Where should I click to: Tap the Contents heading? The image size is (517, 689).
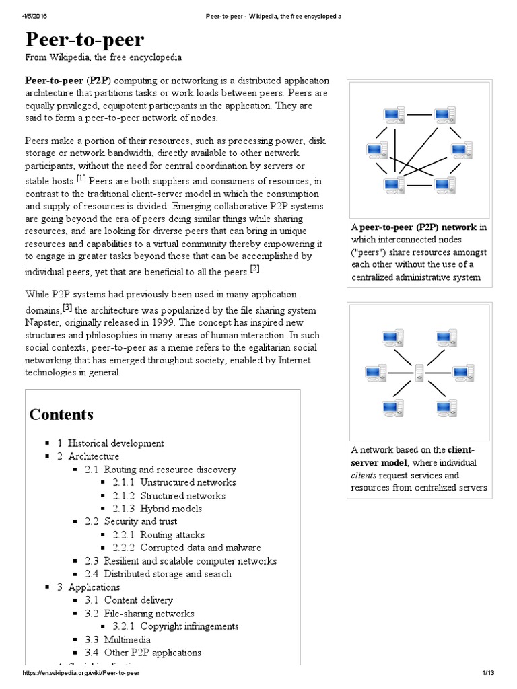click(61, 414)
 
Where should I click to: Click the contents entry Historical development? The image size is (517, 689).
click(115, 443)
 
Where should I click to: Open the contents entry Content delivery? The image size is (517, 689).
click(138, 600)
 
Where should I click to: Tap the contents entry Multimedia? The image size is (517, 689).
click(127, 640)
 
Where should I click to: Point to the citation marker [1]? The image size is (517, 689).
click(81, 178)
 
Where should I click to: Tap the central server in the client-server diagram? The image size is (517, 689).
click(419, 372)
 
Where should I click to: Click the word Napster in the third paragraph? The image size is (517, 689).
click(42, 322)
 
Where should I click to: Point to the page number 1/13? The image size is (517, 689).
click(488, 673)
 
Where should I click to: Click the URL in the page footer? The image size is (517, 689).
click(85, 673)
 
